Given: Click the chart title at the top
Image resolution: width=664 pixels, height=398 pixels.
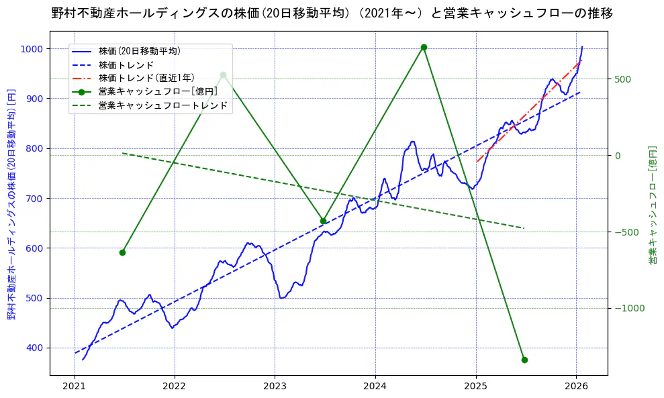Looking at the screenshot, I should pos(332,13).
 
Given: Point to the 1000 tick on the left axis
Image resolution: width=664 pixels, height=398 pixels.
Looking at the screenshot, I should pos(32,49).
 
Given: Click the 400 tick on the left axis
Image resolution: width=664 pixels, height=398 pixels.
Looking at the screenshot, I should pos(35,348).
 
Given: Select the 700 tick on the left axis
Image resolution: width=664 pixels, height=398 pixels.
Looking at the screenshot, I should pos(35,198).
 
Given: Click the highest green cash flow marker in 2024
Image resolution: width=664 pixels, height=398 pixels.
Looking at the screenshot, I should pos(424,47).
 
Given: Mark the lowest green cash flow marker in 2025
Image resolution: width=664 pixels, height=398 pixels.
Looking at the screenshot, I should pos(524,360).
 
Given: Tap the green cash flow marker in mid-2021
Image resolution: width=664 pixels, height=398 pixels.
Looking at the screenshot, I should pos(122,252).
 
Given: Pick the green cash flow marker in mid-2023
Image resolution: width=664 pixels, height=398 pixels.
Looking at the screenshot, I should pos(323,221).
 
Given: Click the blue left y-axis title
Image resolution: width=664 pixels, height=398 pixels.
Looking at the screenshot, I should pos(11,204).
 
